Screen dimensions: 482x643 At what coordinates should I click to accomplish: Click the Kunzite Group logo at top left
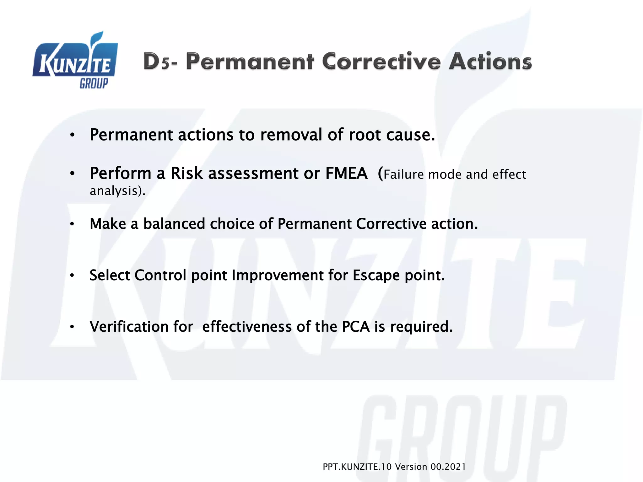(75, 61)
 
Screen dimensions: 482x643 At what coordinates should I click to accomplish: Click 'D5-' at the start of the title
(159, 62)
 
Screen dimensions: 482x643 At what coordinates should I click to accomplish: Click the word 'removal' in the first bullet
(291, 135)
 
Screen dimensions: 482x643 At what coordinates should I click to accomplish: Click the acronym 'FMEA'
(346, 174)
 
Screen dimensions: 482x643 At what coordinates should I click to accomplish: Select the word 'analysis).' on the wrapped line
(118, 191)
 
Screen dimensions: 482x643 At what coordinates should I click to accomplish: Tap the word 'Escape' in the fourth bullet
(376, 276)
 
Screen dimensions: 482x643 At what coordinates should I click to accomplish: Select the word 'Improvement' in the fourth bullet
(278, 276)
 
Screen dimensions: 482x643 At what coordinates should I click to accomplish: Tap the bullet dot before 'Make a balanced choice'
(72, 224)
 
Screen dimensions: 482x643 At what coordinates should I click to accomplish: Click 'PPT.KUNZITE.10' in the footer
(357, 467)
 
